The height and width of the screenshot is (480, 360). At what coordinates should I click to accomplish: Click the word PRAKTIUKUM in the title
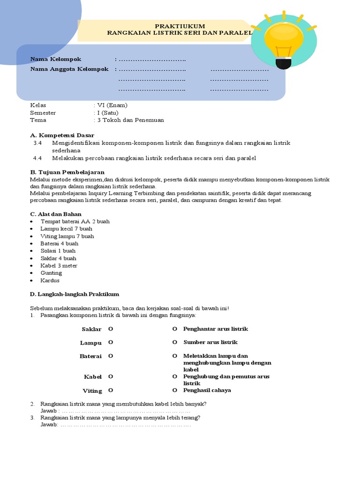[x=180, y=26]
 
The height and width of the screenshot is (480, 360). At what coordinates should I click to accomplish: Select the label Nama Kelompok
[x=56, y=59]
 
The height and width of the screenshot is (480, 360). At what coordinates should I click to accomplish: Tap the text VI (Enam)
[x=112, y=105]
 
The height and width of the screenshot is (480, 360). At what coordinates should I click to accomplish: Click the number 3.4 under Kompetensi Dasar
[x=38, y=142]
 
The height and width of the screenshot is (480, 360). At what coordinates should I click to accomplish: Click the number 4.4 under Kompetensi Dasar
[x=38, y=158]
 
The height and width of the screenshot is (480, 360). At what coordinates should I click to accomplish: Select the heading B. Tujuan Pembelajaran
[x=67, y=172]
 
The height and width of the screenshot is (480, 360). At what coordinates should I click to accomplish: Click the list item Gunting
[x=51, y=273]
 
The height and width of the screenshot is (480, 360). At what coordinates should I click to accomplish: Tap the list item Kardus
[x=50, y=280]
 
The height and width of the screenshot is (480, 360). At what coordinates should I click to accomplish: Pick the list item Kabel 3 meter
[x=59, y=265]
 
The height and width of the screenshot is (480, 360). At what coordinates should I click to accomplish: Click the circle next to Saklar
[x=111, y=329]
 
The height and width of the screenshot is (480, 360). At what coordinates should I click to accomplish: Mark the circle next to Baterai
[x=111, y=356]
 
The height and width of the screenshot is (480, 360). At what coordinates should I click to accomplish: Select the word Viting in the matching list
[x=92, y=390]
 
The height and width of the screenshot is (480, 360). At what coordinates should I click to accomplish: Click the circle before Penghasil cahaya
[x=174, y=390]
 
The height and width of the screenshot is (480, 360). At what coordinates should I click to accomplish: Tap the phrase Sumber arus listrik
[x=210, y=342]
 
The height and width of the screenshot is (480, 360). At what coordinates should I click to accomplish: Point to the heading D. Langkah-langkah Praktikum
[x=75, y=294]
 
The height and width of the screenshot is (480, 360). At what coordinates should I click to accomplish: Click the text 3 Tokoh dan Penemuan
[x=130, y=120]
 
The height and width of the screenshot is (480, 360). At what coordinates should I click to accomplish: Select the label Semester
[x=43, y=112]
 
